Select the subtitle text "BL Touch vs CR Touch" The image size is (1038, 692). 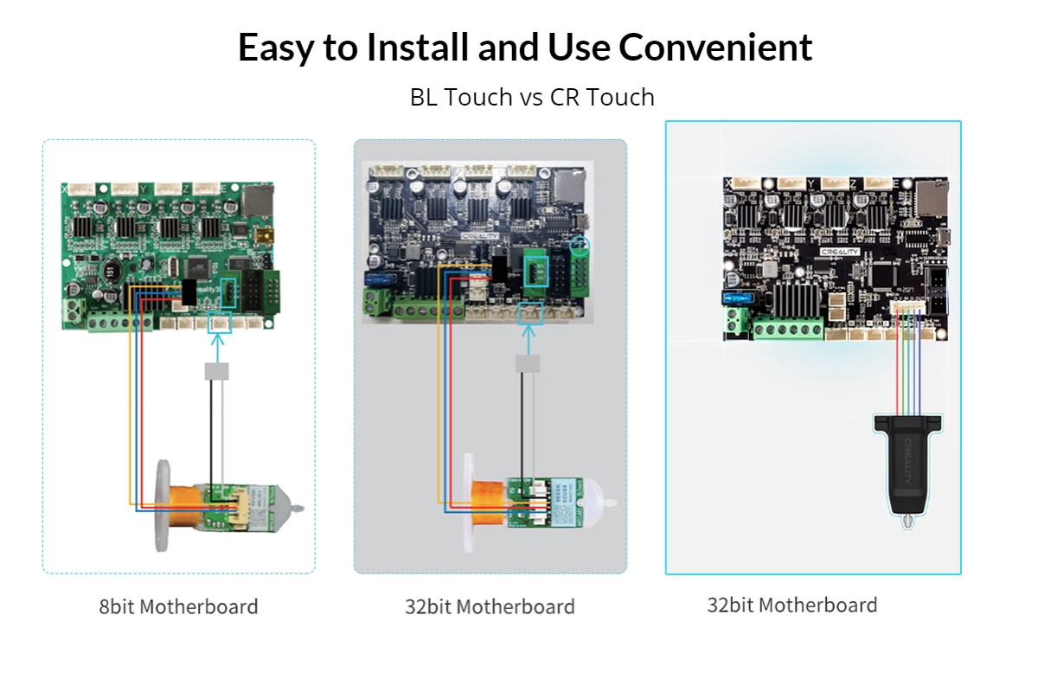click(532, 97)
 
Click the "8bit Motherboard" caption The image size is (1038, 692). click(178, 606)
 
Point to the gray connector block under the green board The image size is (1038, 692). click(216, 371)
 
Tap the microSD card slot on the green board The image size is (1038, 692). click(257, 202)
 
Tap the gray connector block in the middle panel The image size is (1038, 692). click(528, 364)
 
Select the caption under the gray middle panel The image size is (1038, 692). click(490, 606)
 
